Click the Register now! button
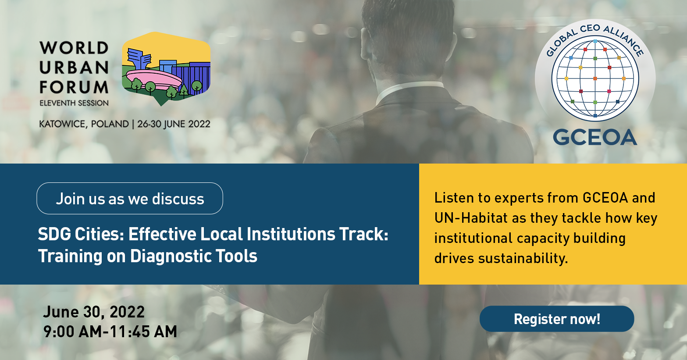557,319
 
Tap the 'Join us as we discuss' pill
130,198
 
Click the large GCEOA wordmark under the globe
595,137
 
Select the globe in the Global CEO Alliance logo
595,78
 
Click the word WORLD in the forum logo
74,48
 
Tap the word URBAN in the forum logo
74,68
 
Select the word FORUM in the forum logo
74,87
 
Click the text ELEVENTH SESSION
74,103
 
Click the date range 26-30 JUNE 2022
174,124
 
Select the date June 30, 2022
94,312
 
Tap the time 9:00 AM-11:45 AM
110,331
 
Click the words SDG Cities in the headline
81,234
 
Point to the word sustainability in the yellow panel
523,258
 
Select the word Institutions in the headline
291,234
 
